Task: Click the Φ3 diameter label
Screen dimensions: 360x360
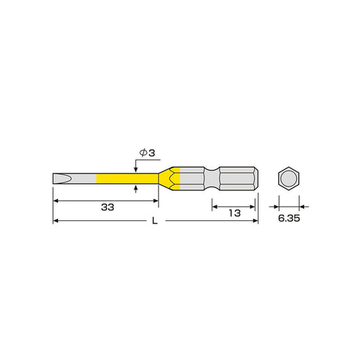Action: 147,153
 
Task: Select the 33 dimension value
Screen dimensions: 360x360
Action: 107,207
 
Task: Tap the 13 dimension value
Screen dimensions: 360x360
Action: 234,213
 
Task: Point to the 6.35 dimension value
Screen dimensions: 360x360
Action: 289,218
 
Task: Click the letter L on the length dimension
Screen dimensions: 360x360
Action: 154,221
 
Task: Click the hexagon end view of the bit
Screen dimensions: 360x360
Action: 289,179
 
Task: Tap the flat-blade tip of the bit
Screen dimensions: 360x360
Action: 62,179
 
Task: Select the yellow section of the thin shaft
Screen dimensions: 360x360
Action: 127,179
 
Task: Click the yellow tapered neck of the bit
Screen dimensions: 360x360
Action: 169,179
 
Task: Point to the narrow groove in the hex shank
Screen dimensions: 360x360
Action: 212,179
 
